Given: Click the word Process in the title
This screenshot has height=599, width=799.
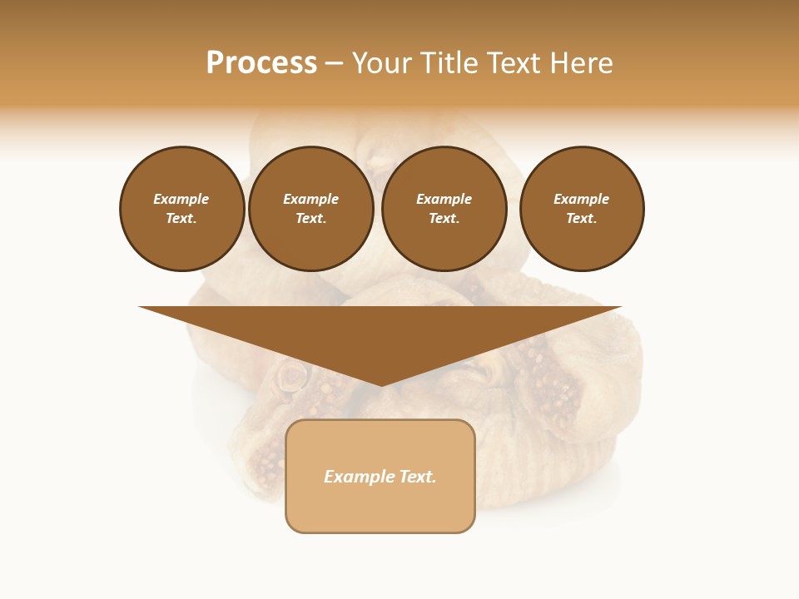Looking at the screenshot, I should (x=261, y=63).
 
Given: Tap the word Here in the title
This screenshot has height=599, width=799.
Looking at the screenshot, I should (x=580, y=63).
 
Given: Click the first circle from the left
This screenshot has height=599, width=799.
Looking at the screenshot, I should (x=181, y=209).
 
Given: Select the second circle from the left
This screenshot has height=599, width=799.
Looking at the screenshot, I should (x=310, y=209).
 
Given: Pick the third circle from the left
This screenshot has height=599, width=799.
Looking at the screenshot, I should (x=444, y=209).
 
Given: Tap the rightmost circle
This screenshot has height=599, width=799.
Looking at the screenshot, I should (x=581, y=209).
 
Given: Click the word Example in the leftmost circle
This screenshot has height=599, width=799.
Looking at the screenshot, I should (x=181, y=199).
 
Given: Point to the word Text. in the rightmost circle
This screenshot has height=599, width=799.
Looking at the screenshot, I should (x=581, y=219).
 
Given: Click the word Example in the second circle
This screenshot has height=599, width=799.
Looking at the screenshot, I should (x=310, y=199).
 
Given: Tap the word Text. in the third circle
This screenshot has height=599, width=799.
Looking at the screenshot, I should (x=444, y=219).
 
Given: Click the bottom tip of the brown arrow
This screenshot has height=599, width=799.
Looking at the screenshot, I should (x=380, y=384).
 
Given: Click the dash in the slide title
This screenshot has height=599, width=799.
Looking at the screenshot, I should (x=334, y=63).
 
